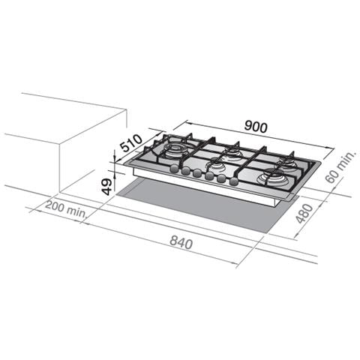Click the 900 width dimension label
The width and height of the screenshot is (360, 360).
[256, 127]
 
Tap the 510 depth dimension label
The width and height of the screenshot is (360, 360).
[132, 143]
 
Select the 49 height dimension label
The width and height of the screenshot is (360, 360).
[107, 187]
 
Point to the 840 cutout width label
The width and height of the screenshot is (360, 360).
[181, 242]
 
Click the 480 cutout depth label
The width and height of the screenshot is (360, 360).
[304, 213]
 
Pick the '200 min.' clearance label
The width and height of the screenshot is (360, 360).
[66, 208]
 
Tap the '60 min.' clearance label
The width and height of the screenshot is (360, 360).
[340, 167]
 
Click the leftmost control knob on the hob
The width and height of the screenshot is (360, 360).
[174, 169]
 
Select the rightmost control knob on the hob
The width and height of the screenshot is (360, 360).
[233, 181]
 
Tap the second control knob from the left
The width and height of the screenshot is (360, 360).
[186, 171]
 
